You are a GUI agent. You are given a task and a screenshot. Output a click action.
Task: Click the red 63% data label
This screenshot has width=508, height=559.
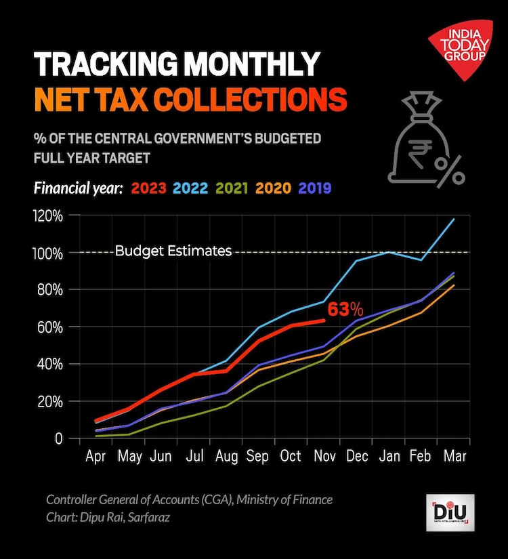coord(346,310)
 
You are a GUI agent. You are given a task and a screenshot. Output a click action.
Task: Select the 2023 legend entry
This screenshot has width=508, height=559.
coord(148,188)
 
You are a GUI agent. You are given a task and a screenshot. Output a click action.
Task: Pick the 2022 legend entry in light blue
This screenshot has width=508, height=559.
coord(192,188)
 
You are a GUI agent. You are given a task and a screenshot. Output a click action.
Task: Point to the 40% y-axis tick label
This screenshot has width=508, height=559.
coord(50,365)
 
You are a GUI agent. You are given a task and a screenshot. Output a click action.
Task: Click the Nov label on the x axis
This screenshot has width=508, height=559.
coord(325,455)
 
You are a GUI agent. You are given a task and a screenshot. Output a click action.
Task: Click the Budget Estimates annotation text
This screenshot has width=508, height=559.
coord(173,251)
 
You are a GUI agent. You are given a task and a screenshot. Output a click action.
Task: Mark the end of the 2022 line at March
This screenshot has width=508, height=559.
coord(454,219)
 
